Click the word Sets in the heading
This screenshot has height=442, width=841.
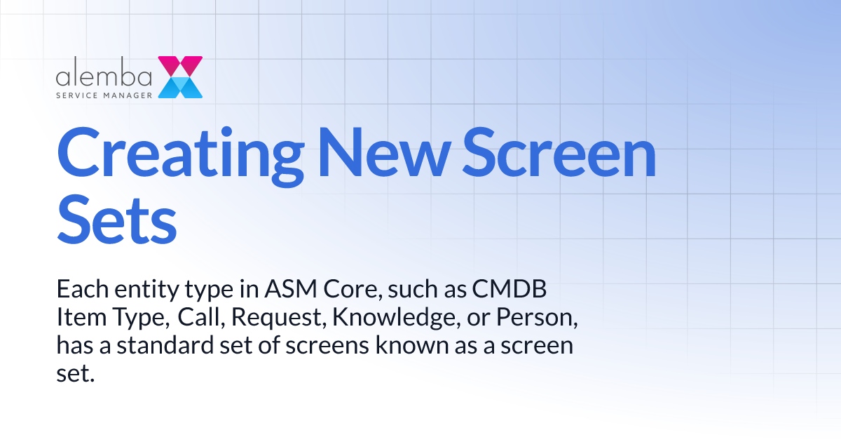116,220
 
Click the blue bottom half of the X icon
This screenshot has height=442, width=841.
180,88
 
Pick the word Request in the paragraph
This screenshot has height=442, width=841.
278,318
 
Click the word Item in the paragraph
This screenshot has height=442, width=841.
75,318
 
